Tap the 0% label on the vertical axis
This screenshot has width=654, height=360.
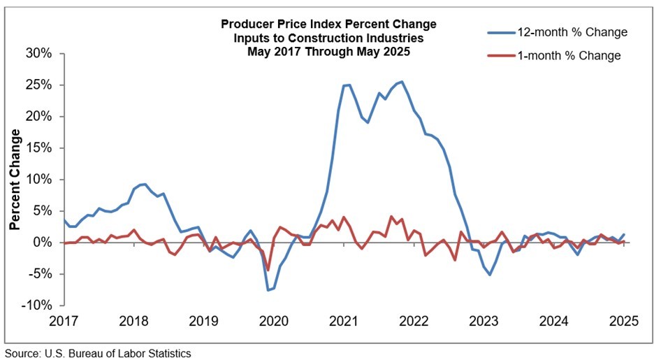[x=43, y=243]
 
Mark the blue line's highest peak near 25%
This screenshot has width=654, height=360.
[x=402, y=82]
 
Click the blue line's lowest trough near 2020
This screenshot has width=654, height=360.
[x=268, y=290]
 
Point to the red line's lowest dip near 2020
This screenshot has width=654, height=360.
[x=268, y=270]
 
